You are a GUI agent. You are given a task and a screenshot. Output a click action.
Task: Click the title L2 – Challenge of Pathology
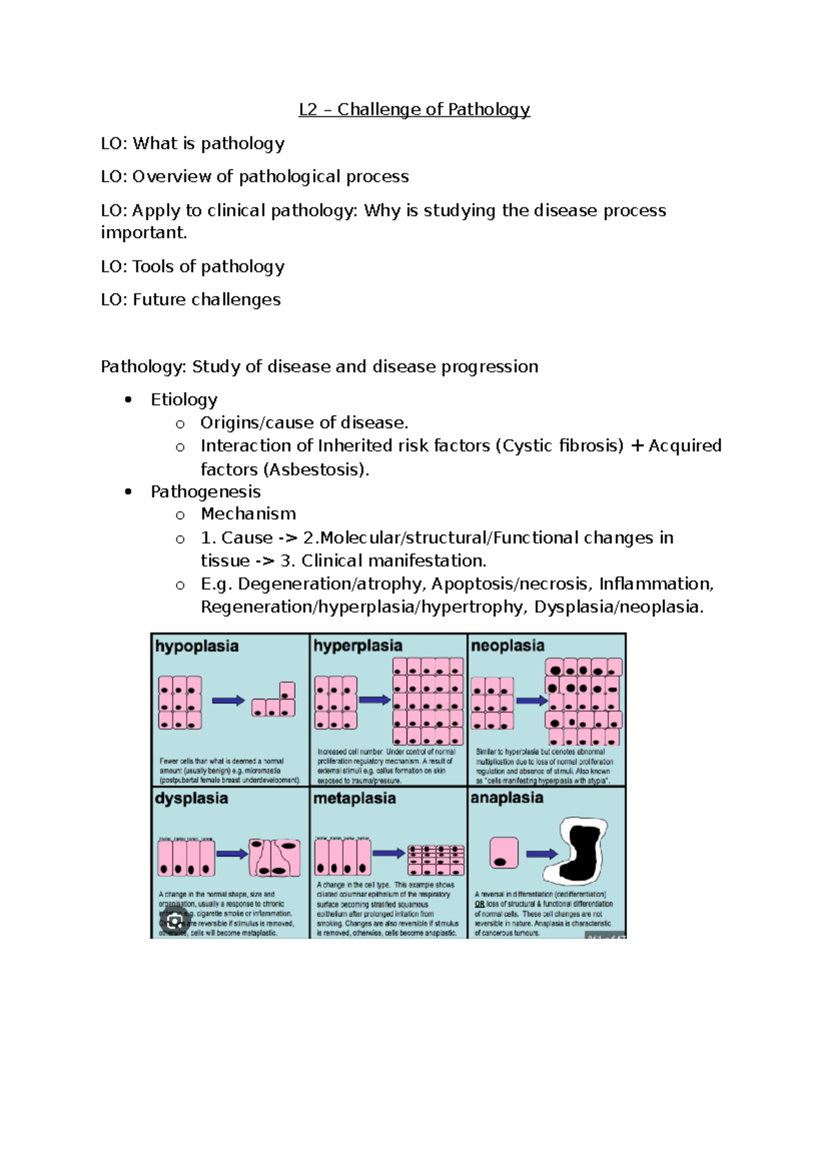(414, 110)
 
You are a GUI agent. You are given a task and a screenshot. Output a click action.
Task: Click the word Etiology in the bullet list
(184, 400)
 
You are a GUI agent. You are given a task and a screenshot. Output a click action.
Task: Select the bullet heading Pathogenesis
(206, 492)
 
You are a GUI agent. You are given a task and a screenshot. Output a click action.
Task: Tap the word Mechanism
(248, 514)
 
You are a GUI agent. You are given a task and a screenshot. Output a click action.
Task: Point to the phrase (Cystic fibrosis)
(560, 446)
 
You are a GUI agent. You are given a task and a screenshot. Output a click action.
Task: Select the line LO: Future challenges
(190, 300)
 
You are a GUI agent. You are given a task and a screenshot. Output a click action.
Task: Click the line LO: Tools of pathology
(193, 267)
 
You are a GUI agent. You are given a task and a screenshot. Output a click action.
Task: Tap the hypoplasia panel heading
(197, 646)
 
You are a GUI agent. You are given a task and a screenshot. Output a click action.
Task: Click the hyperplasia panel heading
(357, 646)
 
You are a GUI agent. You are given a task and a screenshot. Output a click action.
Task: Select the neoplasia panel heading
(507, 646)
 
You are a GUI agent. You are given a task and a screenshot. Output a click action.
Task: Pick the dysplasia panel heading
(191, 798)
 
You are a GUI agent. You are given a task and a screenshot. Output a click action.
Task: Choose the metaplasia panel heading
(355, 798)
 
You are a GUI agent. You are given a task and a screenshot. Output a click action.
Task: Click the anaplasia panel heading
(506, 797)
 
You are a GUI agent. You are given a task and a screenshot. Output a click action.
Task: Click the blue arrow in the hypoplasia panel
(228, 701)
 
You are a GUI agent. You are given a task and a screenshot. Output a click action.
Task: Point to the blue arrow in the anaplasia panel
(542, 854)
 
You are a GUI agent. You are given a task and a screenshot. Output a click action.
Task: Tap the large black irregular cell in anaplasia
(585, 852)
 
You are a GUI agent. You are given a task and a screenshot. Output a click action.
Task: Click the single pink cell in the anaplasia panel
(504, 853)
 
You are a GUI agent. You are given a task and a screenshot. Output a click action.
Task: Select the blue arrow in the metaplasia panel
(389, 853)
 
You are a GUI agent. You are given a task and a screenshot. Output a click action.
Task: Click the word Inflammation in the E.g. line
(655, 584)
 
